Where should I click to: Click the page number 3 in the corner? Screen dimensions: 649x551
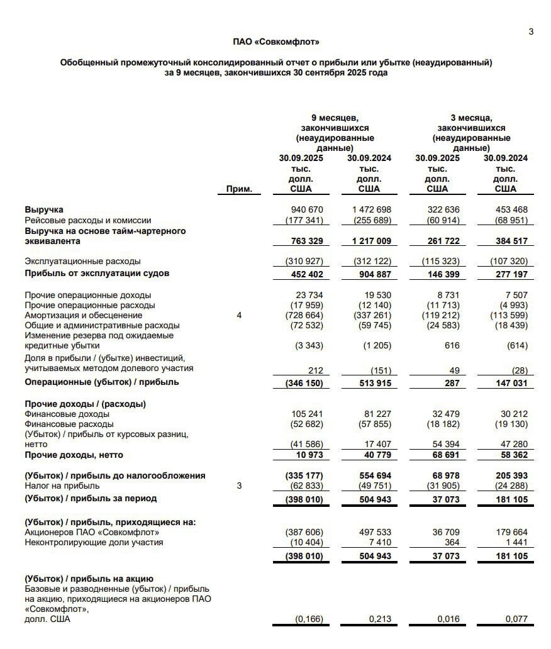click(x=531, y=31)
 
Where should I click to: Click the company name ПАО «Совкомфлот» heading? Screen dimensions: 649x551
click(x=276, y=42)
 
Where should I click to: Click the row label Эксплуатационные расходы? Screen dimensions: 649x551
click(x=82, y=260)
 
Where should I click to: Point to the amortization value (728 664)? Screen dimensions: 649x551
click(x=304, y=315)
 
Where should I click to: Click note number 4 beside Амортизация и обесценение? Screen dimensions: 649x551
click(x=239, y=315)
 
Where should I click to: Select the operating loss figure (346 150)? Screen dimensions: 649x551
click(x=304, y=382)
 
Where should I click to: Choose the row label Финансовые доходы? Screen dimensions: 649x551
click(x=67, y=414)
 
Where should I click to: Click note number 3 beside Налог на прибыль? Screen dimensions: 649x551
click(x=239, y=485)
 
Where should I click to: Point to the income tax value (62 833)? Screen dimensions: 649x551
click(x=304, y=485)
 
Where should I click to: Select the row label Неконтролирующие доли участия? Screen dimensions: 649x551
click(x=94, y=542)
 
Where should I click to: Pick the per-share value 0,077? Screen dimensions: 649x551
click(x=516, y=619)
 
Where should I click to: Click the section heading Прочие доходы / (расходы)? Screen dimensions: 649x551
click(x=85, y=404)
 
